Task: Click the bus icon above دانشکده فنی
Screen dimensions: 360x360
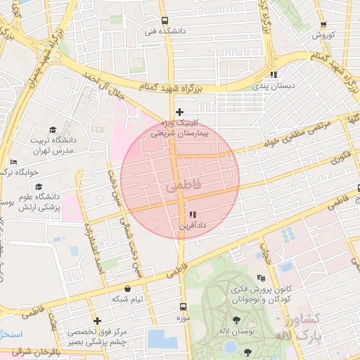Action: (165, 20)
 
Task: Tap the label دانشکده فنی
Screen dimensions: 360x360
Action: (160, 32)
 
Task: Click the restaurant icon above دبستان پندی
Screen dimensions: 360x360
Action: (274, 75)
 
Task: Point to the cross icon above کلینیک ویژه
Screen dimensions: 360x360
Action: (180, 112)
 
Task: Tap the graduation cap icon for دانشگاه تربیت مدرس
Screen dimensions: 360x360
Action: (53, 129)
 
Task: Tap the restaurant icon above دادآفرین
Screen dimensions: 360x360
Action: (193, 214)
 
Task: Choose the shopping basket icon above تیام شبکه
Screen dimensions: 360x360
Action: (127, 288)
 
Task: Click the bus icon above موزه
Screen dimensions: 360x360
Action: (184, 307)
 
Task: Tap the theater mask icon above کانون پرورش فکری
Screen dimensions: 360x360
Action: (262, 278)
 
